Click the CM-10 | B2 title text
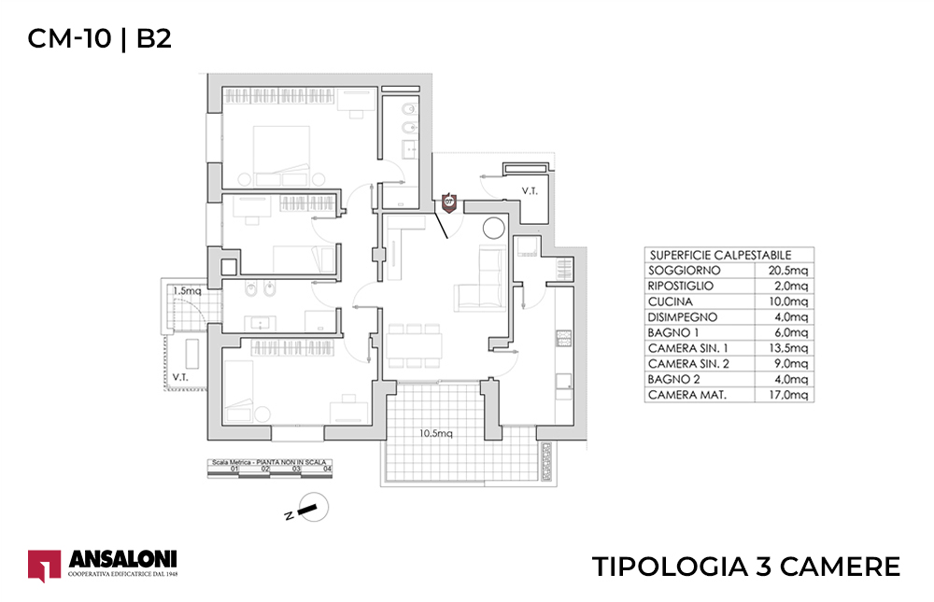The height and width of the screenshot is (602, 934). click(100, 38)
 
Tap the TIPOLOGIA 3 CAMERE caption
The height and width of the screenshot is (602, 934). click(746, 567)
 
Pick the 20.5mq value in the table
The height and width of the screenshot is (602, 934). click(784, 270)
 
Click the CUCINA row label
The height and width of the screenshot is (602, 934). click(669, 301)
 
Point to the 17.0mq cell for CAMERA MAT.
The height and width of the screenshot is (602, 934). click(784, 396)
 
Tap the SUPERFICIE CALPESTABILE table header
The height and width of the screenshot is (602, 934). click(719, 254)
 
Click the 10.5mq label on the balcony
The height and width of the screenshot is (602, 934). click(435, 434)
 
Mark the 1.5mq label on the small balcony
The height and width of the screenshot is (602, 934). click(187, 291)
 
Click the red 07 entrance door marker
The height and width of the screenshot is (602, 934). click(449, 201)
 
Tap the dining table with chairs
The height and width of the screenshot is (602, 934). click(413, 345)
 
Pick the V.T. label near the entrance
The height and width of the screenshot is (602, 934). click(529, 191)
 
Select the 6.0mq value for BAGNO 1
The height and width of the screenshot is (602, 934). click(784, 333)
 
